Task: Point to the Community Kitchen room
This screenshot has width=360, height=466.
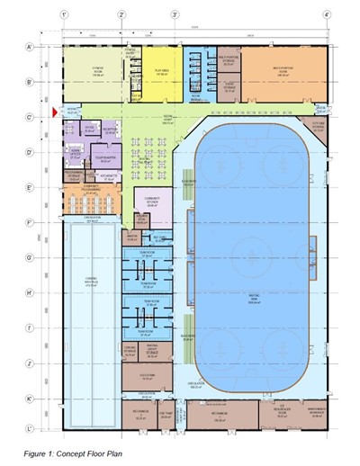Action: point(148,203)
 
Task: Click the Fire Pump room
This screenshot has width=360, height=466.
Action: point(166,415)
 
